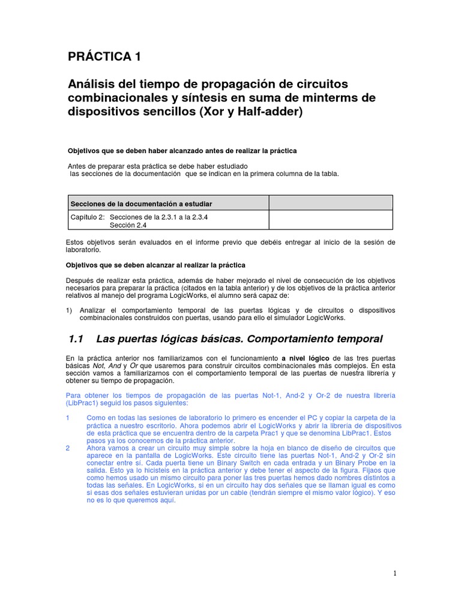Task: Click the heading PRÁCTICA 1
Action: coord(105,57)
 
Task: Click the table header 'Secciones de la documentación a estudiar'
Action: coord(141,204)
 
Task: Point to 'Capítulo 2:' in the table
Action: coord(88,217)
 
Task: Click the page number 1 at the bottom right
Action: coord(394,574)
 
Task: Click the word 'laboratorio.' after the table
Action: coord(83,249)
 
